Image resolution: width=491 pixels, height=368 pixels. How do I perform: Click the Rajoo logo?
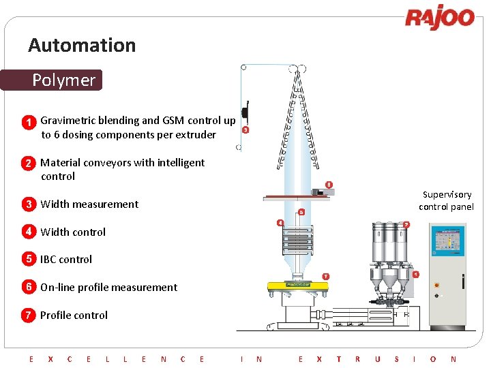440,18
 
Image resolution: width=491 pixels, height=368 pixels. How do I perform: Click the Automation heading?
82,46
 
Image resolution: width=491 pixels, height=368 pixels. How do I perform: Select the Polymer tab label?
63,80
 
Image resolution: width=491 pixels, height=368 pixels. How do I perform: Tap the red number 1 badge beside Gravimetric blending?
29,123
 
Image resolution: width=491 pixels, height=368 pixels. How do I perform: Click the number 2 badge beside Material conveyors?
29,164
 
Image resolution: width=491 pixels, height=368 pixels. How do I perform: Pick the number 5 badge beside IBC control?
29,259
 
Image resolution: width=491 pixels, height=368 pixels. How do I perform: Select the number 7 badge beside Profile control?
29,315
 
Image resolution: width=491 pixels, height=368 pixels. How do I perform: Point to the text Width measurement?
89,204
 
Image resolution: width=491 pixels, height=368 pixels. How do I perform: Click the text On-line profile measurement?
108,287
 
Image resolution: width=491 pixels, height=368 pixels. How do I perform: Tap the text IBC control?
65,259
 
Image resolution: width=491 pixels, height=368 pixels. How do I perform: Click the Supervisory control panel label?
446,200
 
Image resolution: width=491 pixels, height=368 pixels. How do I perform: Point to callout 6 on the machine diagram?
301,211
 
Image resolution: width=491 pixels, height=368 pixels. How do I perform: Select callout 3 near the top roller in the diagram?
245,129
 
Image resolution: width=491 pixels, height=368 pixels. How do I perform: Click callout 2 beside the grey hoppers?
406,224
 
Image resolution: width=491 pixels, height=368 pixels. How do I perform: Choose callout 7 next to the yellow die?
325,276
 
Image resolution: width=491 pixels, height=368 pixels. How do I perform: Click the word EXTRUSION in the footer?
376,358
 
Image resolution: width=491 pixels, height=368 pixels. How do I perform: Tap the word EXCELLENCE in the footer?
116,358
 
